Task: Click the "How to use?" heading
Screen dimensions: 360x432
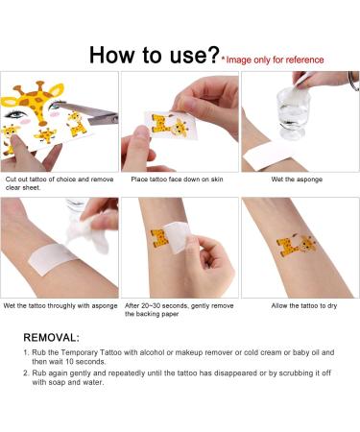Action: (155, 55)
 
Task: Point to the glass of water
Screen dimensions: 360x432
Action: (293, 113)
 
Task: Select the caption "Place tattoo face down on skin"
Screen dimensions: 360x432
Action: (177, 180)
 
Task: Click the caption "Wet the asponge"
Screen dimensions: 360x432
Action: (297, 180)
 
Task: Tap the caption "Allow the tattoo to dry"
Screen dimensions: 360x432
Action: (304, 305)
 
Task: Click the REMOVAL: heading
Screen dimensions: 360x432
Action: (51, 337)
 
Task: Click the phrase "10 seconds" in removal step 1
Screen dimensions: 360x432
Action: (85, 362)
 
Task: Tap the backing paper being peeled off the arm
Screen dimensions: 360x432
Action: (178, 237)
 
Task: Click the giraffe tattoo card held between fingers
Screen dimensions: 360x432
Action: (170, 126)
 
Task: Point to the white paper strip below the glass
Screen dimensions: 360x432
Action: (268, 156)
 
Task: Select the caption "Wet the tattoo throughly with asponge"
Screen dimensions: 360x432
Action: (60, 305)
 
